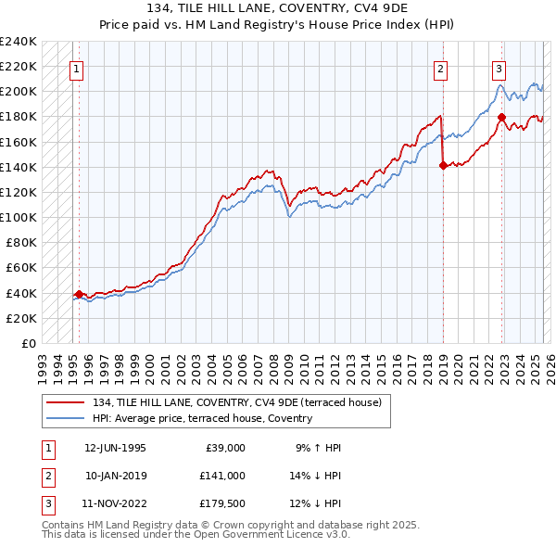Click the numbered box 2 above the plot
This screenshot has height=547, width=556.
441,68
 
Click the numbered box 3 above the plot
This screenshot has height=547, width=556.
499,68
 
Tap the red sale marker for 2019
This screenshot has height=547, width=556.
442,166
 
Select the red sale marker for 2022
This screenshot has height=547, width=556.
501,117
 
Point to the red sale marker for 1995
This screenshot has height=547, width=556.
79,294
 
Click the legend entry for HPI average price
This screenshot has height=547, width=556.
202,418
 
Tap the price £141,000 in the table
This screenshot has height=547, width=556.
222,476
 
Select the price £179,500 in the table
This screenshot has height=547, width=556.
222,503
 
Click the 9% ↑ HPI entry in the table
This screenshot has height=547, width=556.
319,448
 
